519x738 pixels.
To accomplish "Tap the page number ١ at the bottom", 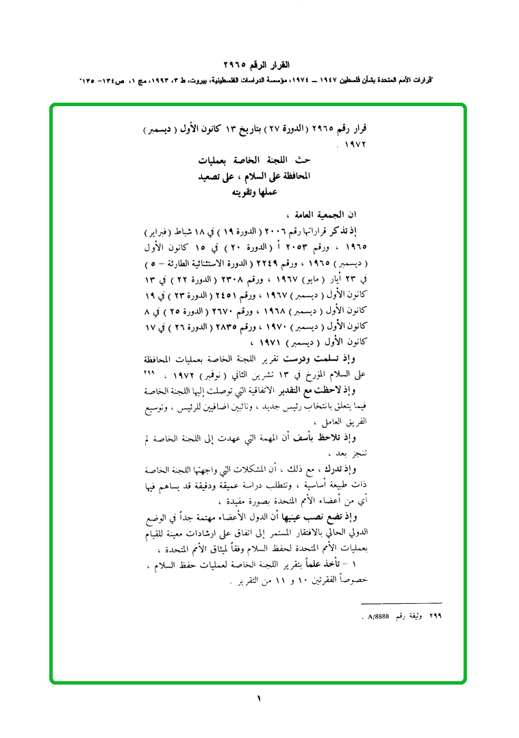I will (259, 699).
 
